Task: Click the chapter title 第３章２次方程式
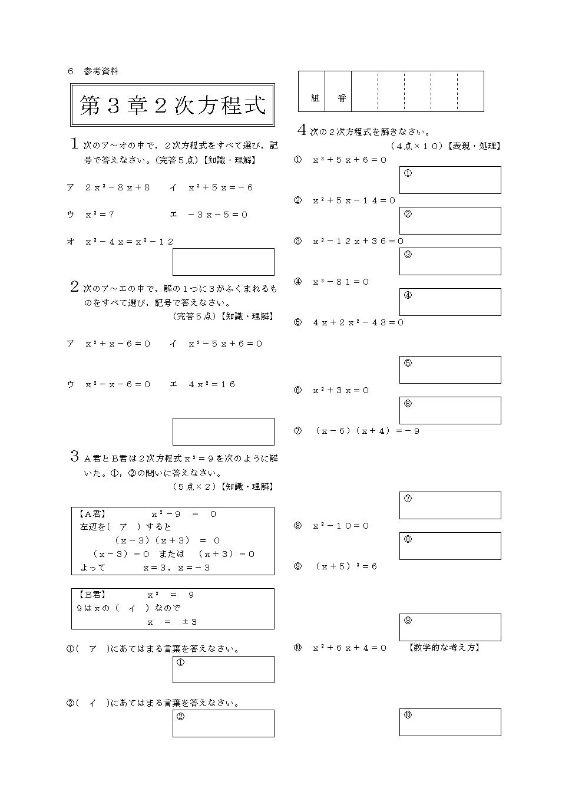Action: (x=173, y=105)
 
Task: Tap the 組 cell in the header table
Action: (x=315, y=98)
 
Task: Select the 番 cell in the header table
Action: (x=342, y=98)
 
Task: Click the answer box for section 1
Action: (x=223, y=262)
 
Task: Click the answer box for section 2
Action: (x=223, y=431)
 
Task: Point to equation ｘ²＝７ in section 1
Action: (x=100, y=215)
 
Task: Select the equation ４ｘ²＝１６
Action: (x=211, y=384)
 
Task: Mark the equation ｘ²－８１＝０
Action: (x=340, y=282)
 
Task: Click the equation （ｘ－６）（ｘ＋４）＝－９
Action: (x=366, y=431)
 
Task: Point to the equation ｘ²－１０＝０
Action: (x=340, y=526)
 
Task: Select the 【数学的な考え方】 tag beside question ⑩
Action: (x=444, y=648)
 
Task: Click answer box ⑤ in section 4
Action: (x=450, y=370)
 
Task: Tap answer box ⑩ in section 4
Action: (x=450, y=722)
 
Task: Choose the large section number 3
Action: (x=75, y=456)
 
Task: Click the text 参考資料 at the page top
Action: (x=101, y=71)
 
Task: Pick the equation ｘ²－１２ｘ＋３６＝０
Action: (x=358, y=241)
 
